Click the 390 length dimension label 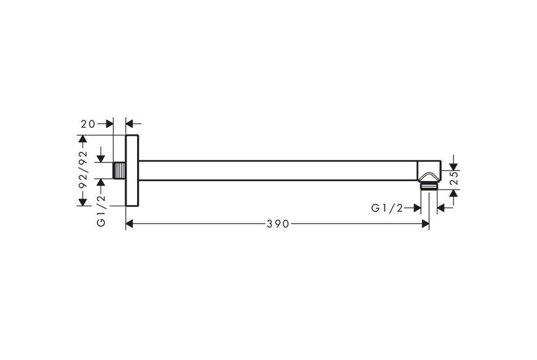278,224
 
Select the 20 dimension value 88,123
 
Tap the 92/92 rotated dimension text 83,170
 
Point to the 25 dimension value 454,177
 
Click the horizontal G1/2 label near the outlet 387,208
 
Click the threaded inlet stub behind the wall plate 120,170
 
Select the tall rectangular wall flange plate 132,170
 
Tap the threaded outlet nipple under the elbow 428,186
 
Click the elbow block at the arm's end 429,170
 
